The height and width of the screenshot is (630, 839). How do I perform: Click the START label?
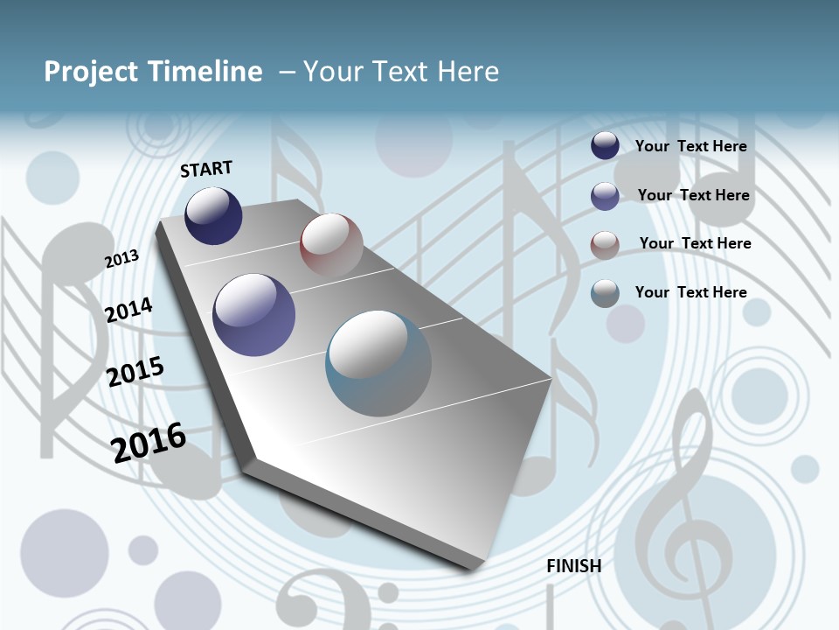click(x=206, y=169)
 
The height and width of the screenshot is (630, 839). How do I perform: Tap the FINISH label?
click(x=573, y=566)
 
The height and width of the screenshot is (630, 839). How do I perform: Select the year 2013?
click(x=121, y=259)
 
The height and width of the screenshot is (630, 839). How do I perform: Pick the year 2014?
click(x=128, y=310)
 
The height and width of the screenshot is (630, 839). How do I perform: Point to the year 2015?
click(x=135, y=372)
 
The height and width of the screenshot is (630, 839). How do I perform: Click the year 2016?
click(x=149, y=442)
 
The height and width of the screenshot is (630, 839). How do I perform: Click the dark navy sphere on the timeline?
click(x=213, y=215)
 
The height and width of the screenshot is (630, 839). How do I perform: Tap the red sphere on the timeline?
click(x=331, y=244)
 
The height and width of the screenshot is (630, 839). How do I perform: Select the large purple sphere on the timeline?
click(x=254, y=315)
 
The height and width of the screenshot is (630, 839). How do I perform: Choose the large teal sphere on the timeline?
click(x=378, y=363)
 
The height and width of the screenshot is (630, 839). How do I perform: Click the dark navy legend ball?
click(x=605, y=145)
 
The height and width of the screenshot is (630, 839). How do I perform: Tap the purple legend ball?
click(x=605, y=196)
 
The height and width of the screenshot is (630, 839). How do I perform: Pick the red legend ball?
click(x=605, y=245)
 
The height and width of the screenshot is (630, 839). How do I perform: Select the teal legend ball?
click(x=605, y=293)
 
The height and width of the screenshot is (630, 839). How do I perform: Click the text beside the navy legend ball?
click(x=690, y=146)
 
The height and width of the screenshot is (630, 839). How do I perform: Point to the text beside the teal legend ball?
click(x=690, y=292)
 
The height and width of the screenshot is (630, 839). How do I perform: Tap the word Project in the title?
click(x=91, y=72)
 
